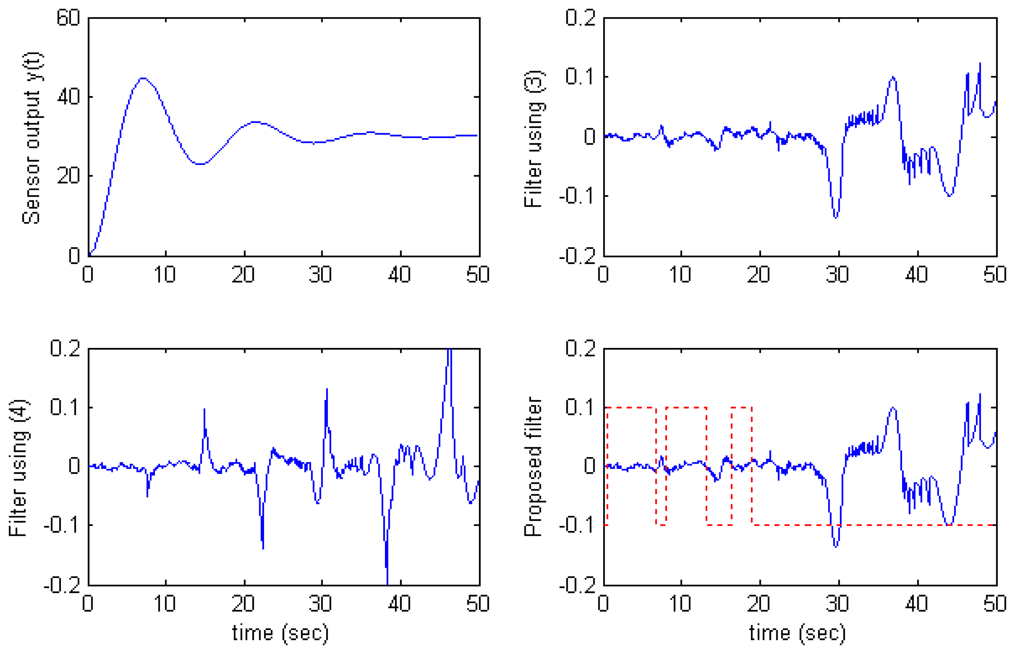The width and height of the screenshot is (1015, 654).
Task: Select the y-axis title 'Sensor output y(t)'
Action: (x=32, y=138)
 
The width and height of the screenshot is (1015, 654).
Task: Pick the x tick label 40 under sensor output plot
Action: (x=399, y=275)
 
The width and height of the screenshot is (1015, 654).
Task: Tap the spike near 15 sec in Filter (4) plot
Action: (x=204, y=409)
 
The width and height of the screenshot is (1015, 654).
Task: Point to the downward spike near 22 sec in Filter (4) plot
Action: (x=263, y=548)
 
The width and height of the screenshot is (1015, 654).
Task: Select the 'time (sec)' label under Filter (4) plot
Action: (x=281, y=633)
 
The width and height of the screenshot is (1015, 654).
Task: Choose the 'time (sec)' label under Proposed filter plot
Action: (x=797, y=633)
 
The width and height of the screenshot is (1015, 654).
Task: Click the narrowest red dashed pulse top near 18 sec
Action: (x=742, y=407)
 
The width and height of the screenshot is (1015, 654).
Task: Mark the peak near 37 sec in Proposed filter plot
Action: (x=893, y=408)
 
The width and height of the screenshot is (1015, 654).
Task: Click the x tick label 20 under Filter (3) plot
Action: (x=759, y=275)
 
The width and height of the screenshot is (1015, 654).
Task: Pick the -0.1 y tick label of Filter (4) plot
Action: (x=62, y=525)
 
